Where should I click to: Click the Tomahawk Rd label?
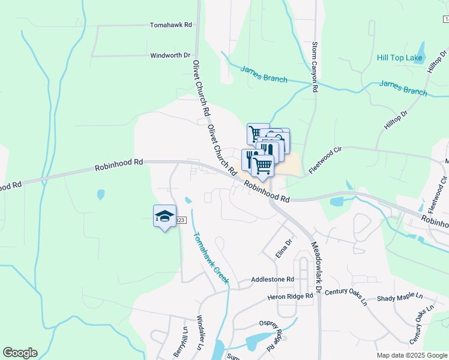click(x=170, y=25)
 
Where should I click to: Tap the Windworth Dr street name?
click(x=170, y=55)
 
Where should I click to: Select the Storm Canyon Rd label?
click(x=315, y=67)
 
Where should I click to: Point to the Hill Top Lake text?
click(x=400, y=58)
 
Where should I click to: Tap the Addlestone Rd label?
click(x=273, y=280)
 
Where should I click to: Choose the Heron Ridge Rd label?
click(x=291, y=296)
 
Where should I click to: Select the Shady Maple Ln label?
click(x=400, y=298)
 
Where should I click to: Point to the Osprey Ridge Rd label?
click(x=271, y=331)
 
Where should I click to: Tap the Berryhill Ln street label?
click(x=185, y=341)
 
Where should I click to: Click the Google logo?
click(x=20, y=353)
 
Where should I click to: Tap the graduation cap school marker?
click(x=164, y=216)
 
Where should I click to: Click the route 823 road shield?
click(x=179, y=221)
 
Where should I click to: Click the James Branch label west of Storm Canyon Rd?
click(x=264, y=74)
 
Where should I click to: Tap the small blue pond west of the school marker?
click(x=101, y=194)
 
